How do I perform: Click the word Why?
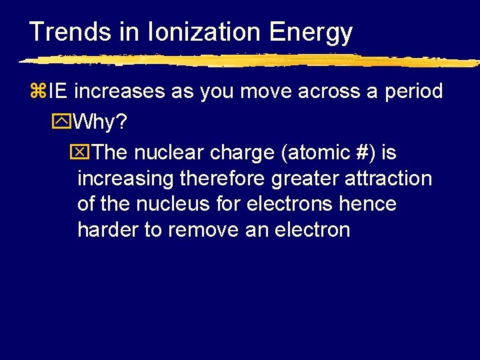click(99, 123)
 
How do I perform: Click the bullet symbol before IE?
click(36, 91)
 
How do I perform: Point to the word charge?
click(245, 153)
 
